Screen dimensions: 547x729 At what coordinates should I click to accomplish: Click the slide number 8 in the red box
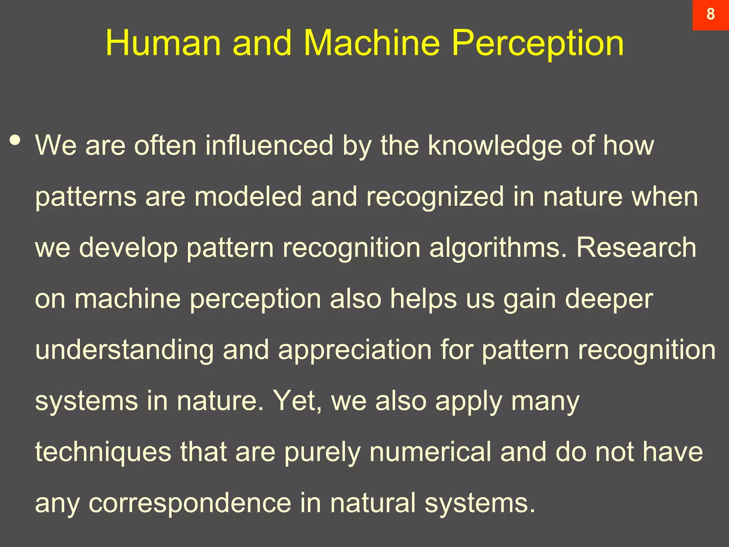pyautogui.click(x=710, y=14)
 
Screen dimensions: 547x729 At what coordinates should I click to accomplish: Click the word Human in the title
pyautogui.click(x=163, y=43)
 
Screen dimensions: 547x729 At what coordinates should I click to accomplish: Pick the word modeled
pyautogui.click(x=248, y=197)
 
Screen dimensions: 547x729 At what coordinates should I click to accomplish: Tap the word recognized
pyautogui.click(x=435, y=197)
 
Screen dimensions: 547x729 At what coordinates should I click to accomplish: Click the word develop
pyautogui.click(x=128, y=248)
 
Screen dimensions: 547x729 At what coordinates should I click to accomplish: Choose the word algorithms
pyautogui.click(x=498, y=248)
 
